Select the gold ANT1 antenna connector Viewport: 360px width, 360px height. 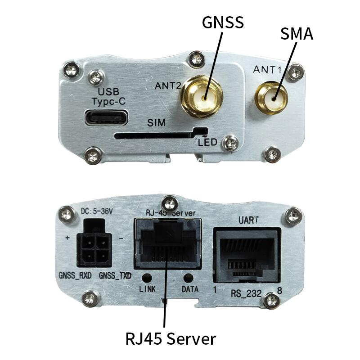[271, 98]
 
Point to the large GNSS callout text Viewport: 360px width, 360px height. [222, 22]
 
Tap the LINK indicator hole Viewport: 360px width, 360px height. [147, 279]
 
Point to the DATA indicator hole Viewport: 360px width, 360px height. [189, 279]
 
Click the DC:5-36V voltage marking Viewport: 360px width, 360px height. [95, 211]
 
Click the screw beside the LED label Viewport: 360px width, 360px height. [231, 143]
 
